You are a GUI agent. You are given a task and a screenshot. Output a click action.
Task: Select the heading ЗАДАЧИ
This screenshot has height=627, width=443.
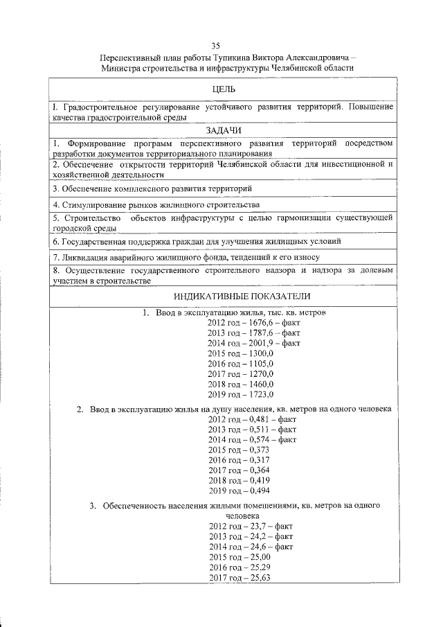[223, 130]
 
